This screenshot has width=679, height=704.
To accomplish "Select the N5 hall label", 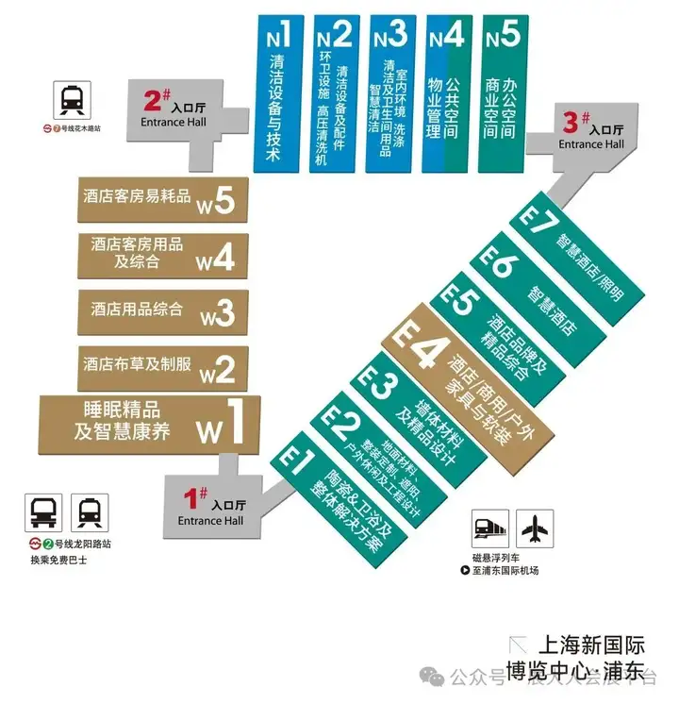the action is (502, 37).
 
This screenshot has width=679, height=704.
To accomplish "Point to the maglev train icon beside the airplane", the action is (492, 529).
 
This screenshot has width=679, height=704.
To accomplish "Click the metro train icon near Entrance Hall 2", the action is (72, 99).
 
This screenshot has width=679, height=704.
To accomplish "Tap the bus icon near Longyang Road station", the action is (46, 512).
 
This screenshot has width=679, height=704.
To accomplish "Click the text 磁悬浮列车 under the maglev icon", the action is (491, 557).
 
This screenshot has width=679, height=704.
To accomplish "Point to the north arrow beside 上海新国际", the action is (518, 645).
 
